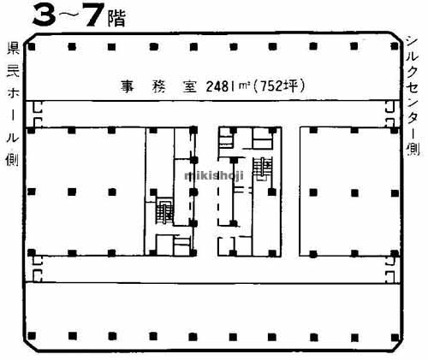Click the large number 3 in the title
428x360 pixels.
pyautogui.click(x=43, y=15)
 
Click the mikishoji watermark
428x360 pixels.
pyautogui.click(x=214, y=174)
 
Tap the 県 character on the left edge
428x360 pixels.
pyautogui.click(x=12, y=48)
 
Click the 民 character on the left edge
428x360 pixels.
pyautogui.click(x=12, y=68)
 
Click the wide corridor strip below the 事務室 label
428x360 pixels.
pyautogui.click(x=214, y=115)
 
